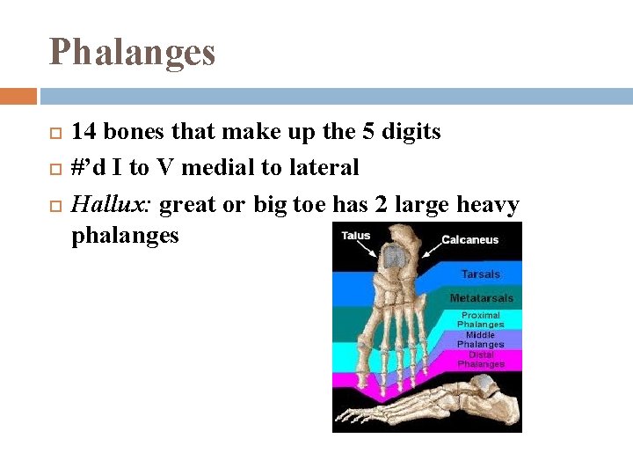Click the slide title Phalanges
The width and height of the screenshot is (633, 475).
(x=132, y=53)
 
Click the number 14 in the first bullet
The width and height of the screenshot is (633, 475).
(x=84, y=132)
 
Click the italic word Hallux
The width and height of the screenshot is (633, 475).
(x=112, y=205)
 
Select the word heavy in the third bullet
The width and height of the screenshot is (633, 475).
(x=488, y=205)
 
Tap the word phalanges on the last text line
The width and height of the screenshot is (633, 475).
(x=125, y=235)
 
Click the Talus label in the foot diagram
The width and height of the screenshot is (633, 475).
(x=355, y=236)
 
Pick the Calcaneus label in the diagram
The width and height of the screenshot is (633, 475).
(x=469, y=239)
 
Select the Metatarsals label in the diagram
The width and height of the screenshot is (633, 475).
(x=481, y=298)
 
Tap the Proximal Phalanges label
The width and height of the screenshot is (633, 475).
(x=481, y=319)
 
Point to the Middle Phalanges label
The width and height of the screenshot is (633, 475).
(x=481, y=340)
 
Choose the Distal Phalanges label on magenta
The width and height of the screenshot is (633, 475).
(x=481, y=359)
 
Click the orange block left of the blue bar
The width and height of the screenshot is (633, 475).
(x=18, y=95)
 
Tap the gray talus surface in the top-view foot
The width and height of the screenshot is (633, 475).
(x=394, y=256)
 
